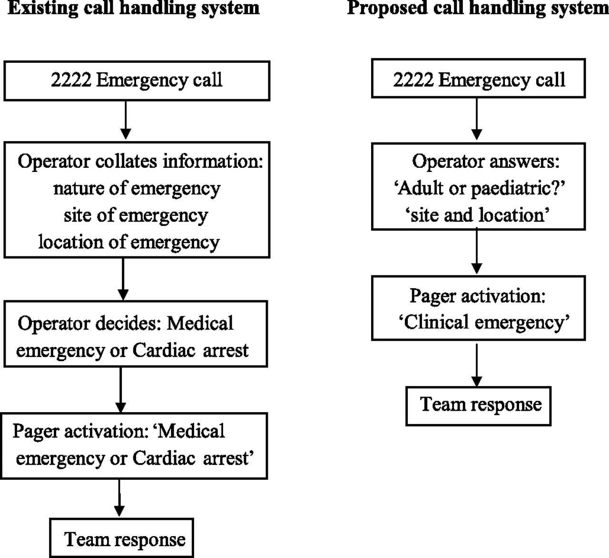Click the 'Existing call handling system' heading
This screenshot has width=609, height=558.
(x=134, y=8)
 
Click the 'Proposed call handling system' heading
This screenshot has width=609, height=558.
(x=478, y=8)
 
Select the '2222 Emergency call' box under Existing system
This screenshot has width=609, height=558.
(x=137, y=81)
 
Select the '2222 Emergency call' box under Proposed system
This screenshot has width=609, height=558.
(x=479, y=79)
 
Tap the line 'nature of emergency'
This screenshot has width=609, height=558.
(x=137, y=189)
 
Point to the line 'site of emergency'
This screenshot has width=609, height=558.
(x=136, y=215)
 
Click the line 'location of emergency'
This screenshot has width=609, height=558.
(x=129, y=243)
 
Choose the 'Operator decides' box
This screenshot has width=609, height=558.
(x=136, y=334)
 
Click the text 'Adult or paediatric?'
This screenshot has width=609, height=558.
(x=480, y=189)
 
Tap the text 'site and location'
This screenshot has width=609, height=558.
(x=477, y=215)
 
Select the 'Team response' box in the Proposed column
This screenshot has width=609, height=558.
(x=479, y=406)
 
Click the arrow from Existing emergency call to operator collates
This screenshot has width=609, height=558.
(x=126, y=120)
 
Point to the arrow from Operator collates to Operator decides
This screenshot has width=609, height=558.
(x=123, y=279)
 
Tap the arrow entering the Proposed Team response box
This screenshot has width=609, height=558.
(x=477, y=365)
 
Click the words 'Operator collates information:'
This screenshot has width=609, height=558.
(x=140, y=162)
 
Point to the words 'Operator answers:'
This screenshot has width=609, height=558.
(x=485, y=162)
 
